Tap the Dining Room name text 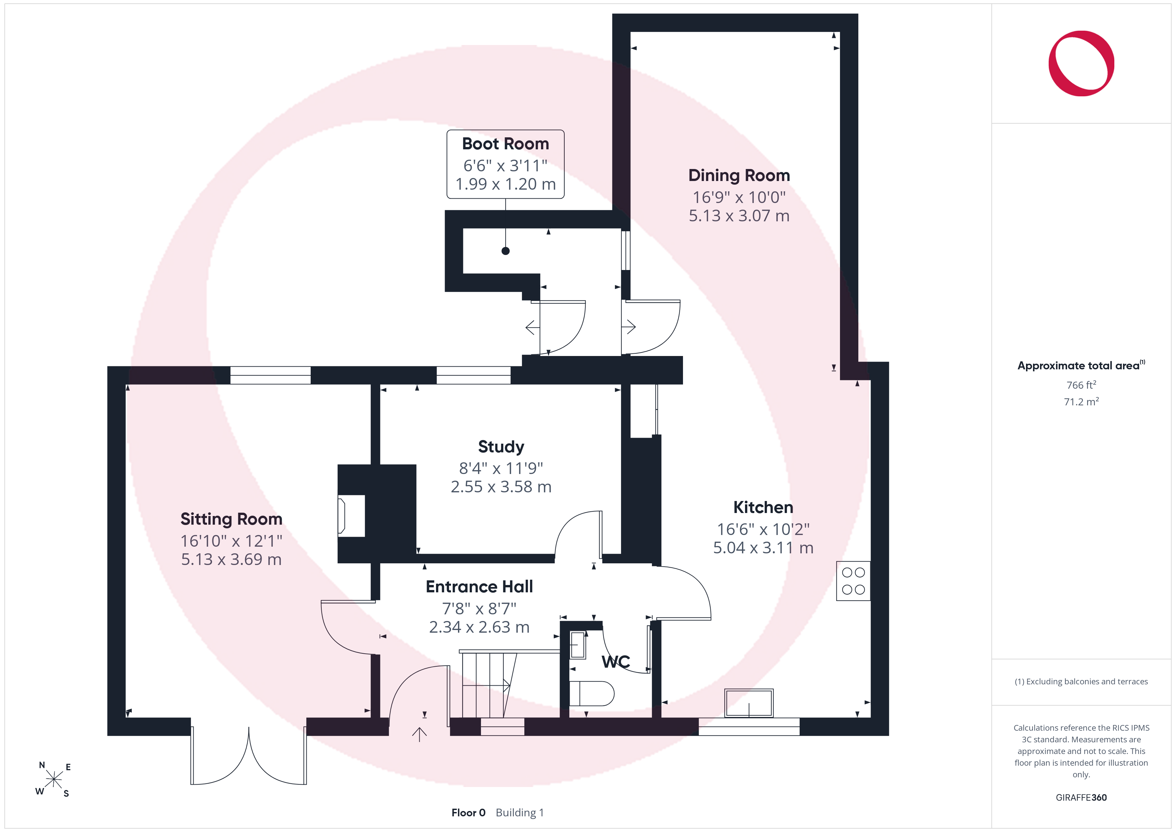739,176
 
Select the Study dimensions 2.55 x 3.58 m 501,487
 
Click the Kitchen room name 763,507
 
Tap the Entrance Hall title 479,587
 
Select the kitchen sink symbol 748,703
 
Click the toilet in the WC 592,694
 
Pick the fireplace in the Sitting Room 351,516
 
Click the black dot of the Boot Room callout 506,251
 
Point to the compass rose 53,779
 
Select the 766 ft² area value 1081,385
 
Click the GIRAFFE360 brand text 1081,798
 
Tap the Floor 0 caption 468,813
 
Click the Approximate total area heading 1081,365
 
